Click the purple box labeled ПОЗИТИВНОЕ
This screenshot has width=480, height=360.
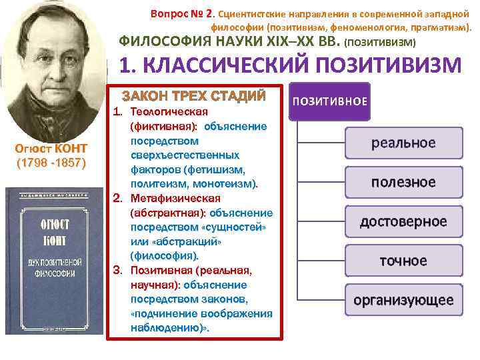[329, 101]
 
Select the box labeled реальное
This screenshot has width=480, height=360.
[403, 143]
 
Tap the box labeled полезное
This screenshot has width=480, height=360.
[403, 182]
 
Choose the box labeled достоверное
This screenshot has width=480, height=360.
[403, 221]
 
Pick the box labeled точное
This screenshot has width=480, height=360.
[403, 260]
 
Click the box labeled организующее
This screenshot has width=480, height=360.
[403, 299]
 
